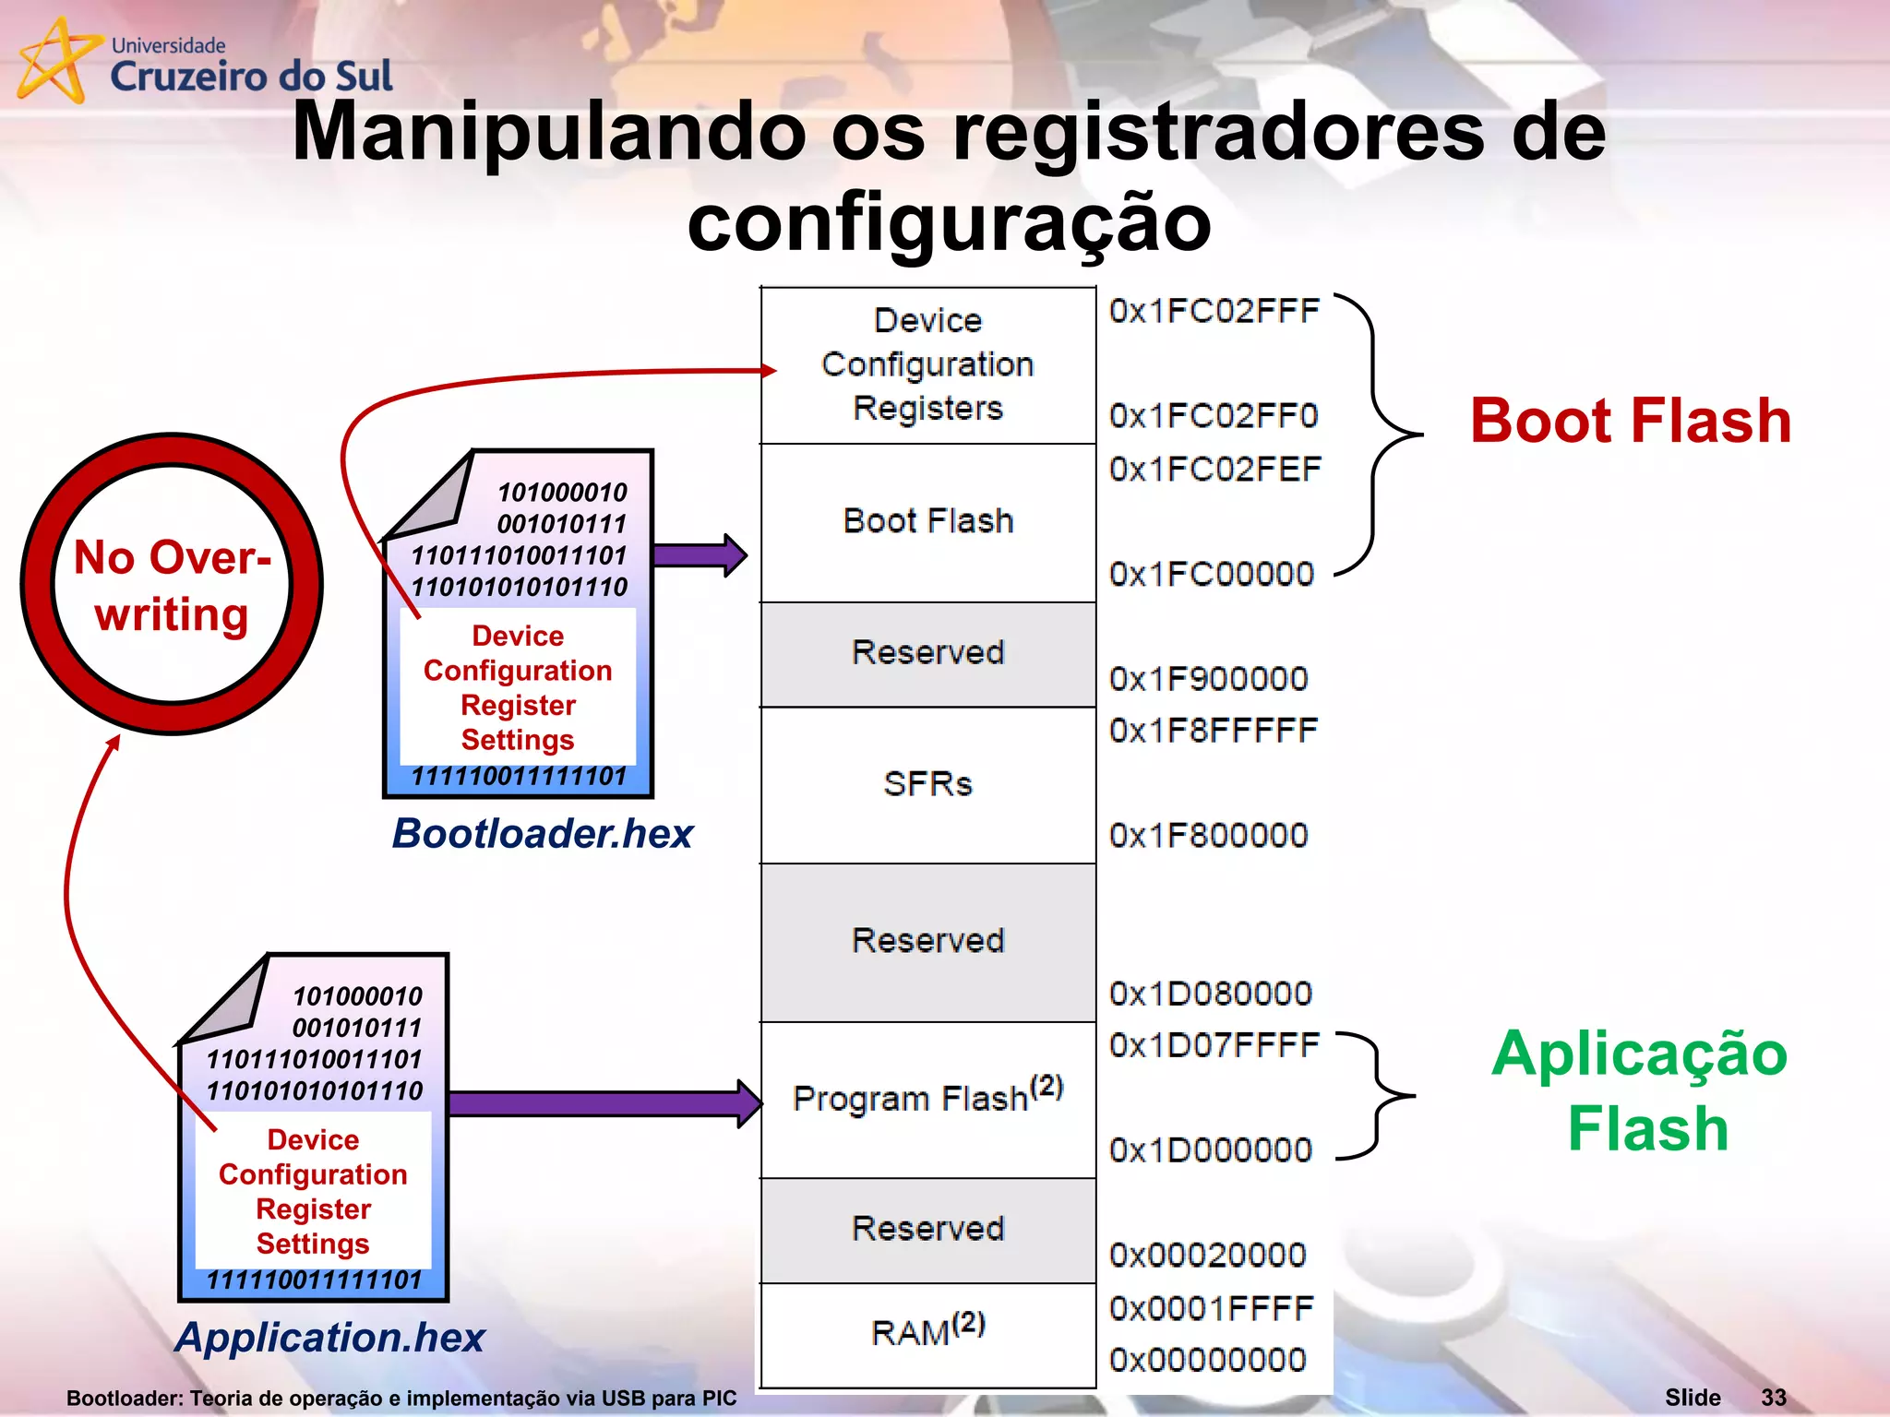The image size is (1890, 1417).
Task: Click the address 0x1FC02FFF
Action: [1214, 312]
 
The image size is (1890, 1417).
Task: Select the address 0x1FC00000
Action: [1211, 575]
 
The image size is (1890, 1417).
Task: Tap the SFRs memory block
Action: [927, 784]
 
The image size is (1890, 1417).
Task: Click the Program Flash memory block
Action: [927, 1098]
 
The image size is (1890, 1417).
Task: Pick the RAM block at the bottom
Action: [927, 1331]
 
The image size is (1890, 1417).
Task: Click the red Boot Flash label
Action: [1630, 421]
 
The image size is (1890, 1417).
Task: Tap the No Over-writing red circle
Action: [172, 585]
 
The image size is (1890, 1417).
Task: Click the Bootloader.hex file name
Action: [542, 833]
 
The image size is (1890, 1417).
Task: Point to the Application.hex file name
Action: [329, 1337]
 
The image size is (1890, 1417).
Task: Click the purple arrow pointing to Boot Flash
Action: [699, 555]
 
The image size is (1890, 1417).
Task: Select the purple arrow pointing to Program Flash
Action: [604, 1103]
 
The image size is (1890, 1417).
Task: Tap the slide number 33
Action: [1773, 1397]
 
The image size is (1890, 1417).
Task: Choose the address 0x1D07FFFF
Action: [1214, 1045]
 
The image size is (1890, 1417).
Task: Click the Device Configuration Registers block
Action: [927, 364]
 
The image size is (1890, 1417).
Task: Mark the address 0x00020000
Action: [1208, 1256]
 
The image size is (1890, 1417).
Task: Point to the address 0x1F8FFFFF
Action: [1213, 731]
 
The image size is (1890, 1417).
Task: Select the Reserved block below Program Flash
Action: [927, 1229]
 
